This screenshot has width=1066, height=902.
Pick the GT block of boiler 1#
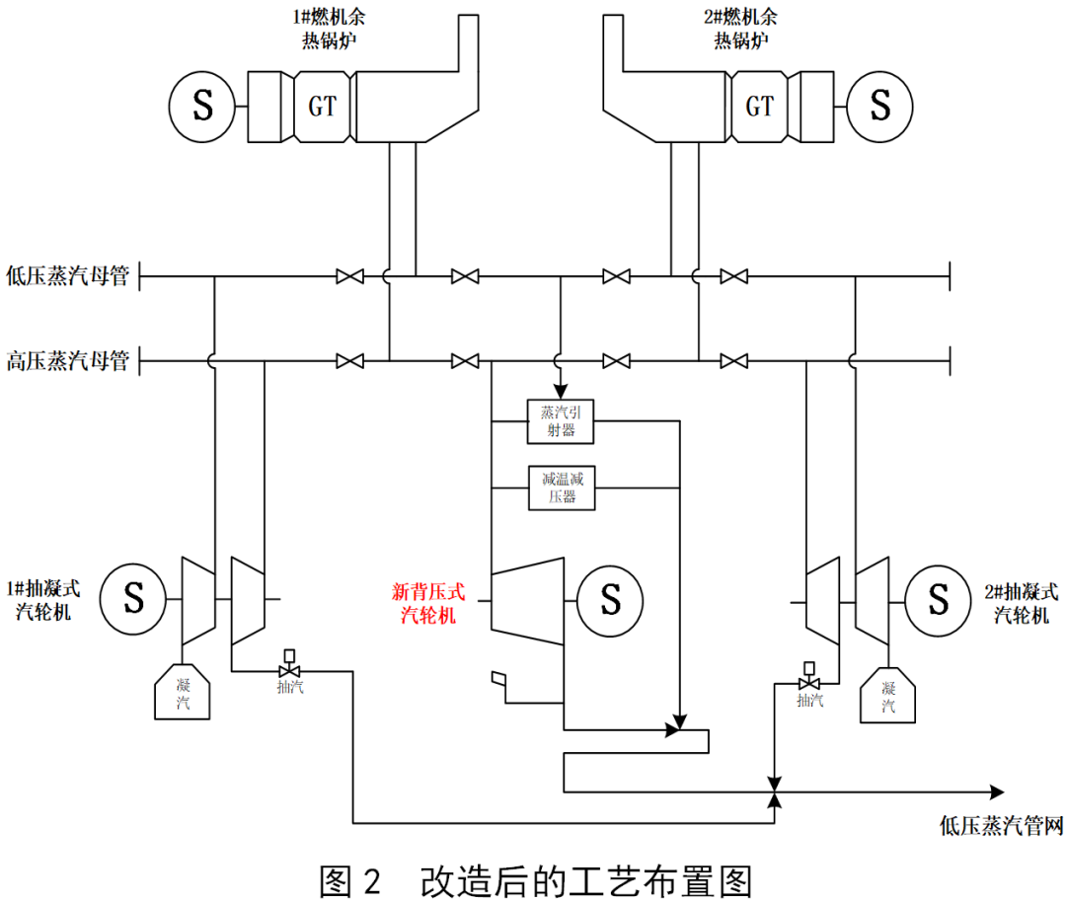click(323, 107)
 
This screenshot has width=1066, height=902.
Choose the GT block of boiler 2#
click(760, 107)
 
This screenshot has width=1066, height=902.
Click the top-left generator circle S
click(201, 106)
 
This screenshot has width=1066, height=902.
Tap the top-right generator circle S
click(879, 106)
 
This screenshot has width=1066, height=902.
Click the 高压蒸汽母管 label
click(67, 360)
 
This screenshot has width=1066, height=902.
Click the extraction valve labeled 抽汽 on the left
click(290, 671)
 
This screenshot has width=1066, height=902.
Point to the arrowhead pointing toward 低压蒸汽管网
click(995, 791)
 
